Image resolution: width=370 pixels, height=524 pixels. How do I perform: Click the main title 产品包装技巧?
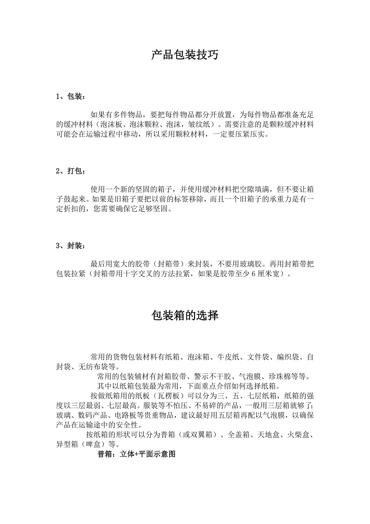click(185, 55)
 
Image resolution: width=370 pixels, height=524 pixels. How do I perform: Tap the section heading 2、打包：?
click(70, 171)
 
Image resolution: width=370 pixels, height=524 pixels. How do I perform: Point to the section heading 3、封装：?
click(70, 246)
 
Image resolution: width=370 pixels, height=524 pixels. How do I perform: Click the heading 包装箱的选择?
click(185, 316)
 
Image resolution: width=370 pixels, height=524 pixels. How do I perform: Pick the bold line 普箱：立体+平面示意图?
click(137, 454)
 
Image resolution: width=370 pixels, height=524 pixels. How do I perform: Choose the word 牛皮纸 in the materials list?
click(228, 357)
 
